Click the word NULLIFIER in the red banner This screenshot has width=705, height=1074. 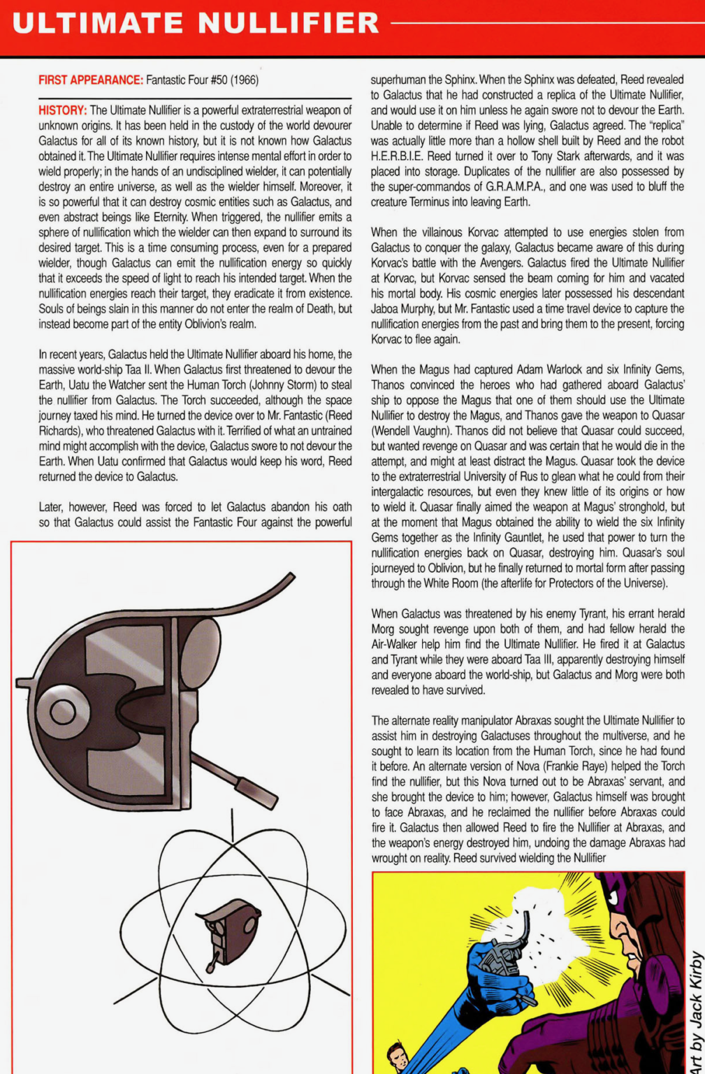[289, 23]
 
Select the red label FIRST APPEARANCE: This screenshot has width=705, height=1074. [91, 80]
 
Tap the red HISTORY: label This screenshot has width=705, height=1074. [63, 110]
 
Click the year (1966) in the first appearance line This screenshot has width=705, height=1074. [245, 80]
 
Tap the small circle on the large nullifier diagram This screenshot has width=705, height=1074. [62, 712]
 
